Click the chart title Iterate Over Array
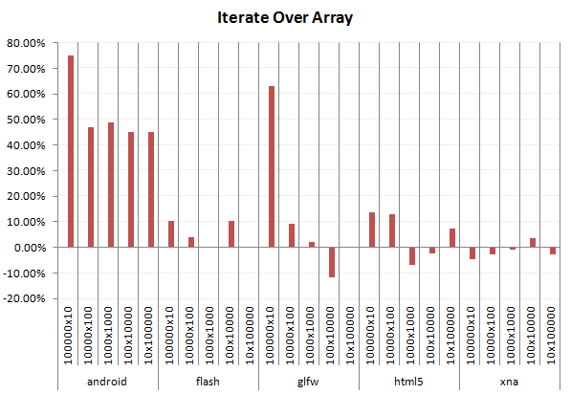285,19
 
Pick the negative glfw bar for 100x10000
332,262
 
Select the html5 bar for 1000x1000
412,255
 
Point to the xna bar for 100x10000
533,243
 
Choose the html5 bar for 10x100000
452,238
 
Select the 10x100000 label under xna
553,339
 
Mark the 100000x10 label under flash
171,339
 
